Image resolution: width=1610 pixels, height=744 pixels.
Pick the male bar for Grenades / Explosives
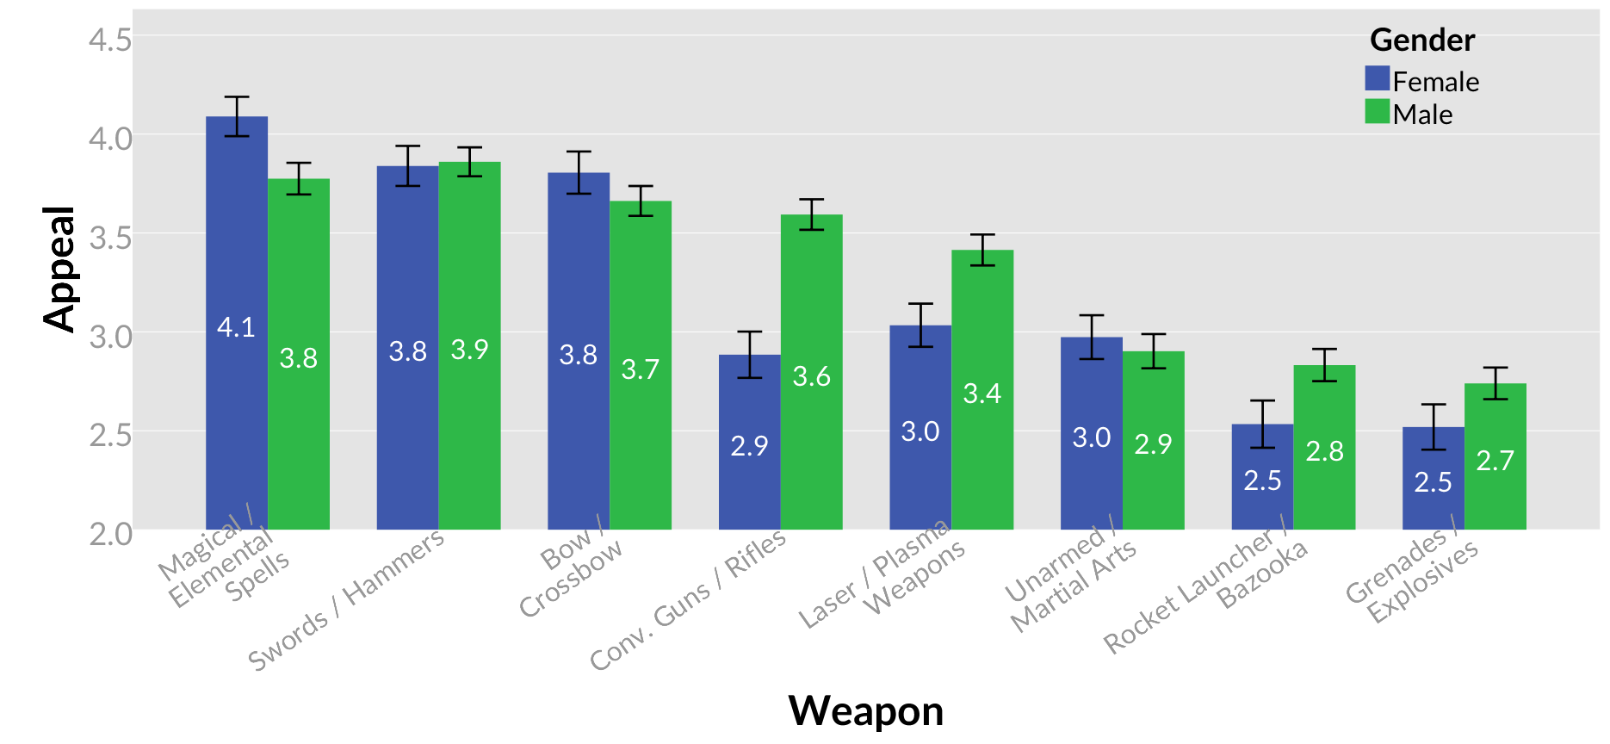click(1495, 499)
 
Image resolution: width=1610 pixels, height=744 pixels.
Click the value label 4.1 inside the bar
click(236, 327)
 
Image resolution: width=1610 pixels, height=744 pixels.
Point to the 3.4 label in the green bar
click(982, 394)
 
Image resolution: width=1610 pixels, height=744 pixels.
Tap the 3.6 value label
click(811, 376)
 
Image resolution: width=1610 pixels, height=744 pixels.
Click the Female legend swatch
click(1378, 79)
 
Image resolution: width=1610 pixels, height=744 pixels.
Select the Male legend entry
click(1422, 115)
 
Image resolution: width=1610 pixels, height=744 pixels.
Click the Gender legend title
click(1422, 40)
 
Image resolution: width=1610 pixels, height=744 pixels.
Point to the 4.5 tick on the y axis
click(110, 40)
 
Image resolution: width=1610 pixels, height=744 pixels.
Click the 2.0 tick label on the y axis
click(110, 534)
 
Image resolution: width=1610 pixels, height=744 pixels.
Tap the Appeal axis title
click(59, 269)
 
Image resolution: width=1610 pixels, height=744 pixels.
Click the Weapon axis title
click(865, 711)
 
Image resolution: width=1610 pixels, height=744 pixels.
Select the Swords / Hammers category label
click(346, 599)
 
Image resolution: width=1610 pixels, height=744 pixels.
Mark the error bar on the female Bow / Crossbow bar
click(579, 172)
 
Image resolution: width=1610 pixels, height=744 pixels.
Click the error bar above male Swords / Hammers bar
click(469, 161)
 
